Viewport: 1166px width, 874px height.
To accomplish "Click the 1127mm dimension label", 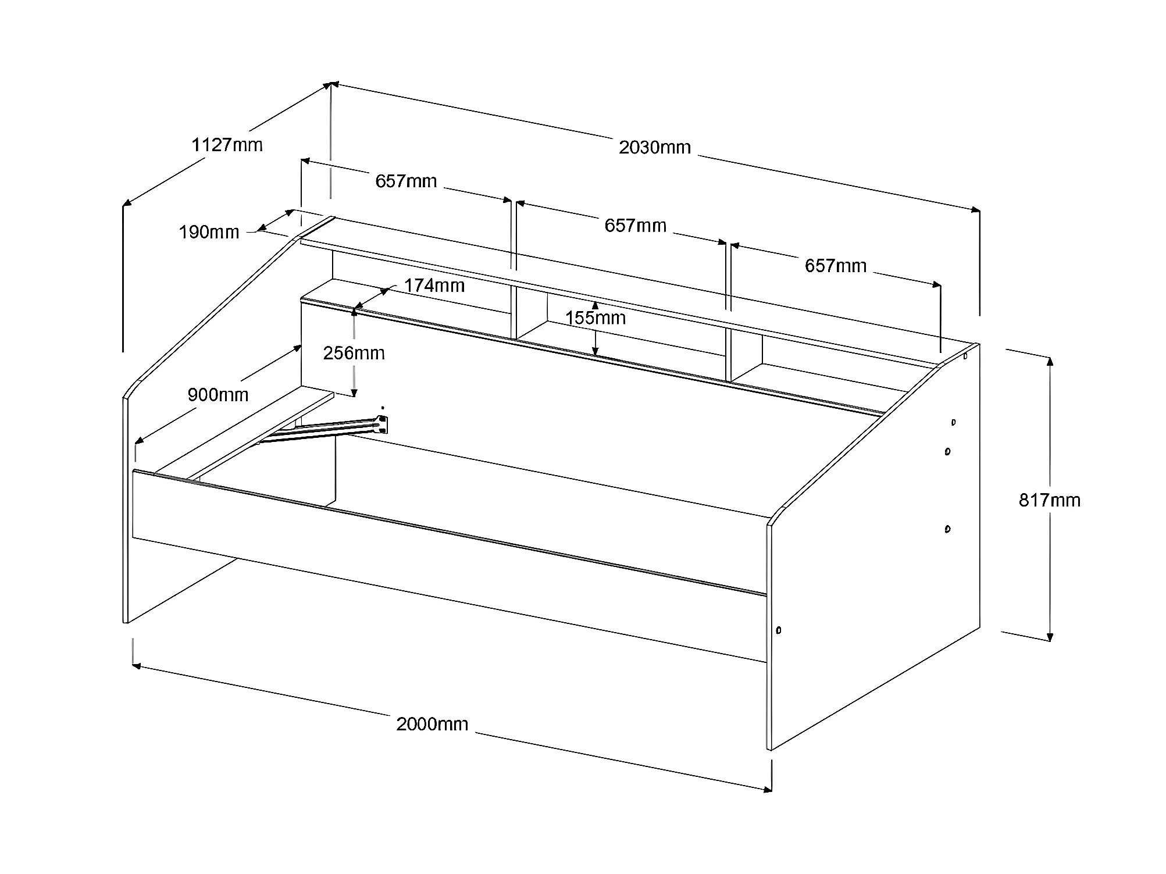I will [x=227, y=144].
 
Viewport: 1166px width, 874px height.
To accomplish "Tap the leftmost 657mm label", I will [x=406, y=181].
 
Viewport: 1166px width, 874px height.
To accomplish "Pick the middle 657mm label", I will [x=635, y=225].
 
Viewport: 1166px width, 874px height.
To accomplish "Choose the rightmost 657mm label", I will [x=835, y=266].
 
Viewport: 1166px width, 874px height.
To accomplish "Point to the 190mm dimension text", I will [x=209, y=232].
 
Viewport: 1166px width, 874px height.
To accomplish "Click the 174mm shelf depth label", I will [x=434, y=286].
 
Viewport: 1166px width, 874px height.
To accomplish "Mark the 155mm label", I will [x=595, y=318].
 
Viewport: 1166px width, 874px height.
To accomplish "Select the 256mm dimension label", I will [x=354, y=353].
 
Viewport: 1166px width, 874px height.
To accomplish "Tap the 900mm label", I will [x=217, y=395].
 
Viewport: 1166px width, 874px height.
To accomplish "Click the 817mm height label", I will [x=1049, y=500].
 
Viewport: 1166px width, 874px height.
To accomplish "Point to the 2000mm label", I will [x=432, y=724].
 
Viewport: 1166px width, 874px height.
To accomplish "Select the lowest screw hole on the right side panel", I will [x=779, y=630].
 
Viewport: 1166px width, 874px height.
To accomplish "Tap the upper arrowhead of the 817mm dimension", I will [x=1050, y=361].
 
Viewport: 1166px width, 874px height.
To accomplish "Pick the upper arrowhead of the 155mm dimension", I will [x=595, y=305].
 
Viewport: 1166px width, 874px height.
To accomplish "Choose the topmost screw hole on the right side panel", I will [x=965, y=356].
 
